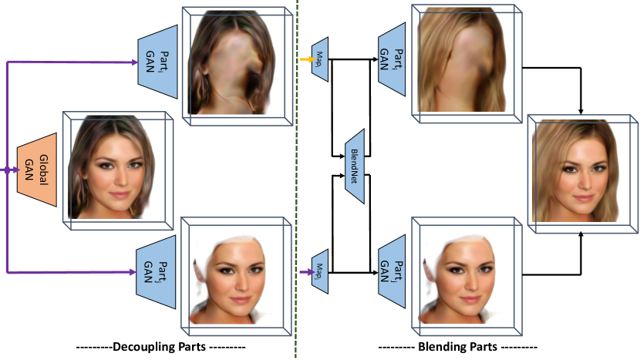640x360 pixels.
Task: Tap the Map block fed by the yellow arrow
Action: pyautogui.click(x=319, y=57)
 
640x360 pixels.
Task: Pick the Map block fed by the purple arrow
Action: pyautogui.click(x=319, y=271)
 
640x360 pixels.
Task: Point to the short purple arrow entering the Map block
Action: pyautogui.click(x=304, y=271)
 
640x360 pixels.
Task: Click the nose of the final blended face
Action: pyautogui.click(x=576, y=179)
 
